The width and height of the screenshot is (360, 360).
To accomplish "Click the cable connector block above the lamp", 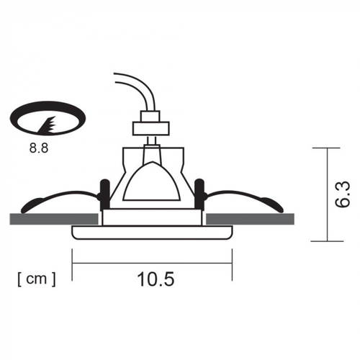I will pos(151,127).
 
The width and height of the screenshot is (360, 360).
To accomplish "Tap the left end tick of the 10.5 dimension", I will pos(73,263).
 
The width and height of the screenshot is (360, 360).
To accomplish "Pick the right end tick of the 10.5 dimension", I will pos(232,263).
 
